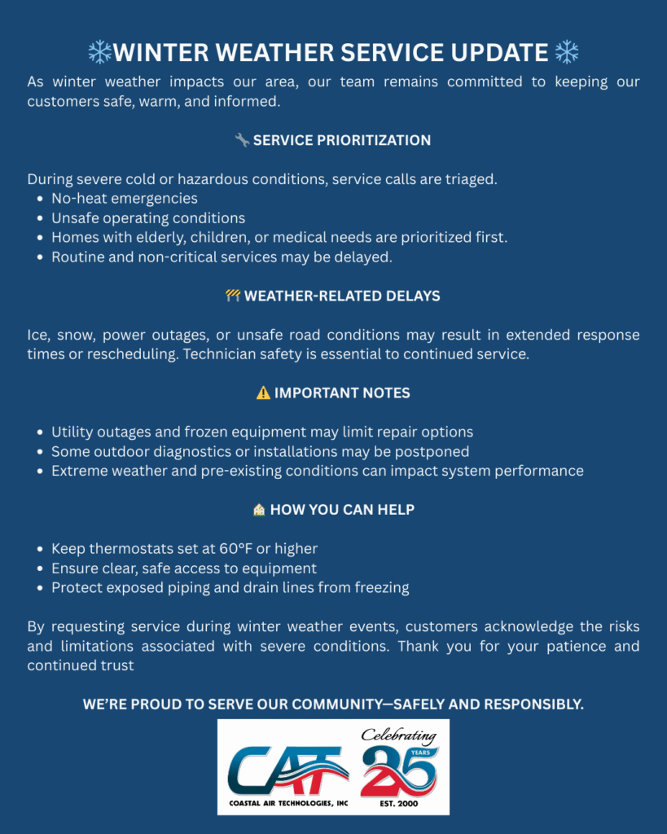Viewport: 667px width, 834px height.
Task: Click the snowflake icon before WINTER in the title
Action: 99,53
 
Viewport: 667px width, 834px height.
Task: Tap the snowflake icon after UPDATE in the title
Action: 566,53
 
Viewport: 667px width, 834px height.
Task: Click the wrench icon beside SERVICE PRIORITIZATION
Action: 242,140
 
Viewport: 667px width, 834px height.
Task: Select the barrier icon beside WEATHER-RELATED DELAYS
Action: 233,296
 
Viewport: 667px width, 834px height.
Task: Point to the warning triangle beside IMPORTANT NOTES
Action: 263,393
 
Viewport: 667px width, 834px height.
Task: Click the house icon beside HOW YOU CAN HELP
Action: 259,510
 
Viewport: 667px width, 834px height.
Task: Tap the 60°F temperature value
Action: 235,549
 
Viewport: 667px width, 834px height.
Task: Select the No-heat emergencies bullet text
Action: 125,199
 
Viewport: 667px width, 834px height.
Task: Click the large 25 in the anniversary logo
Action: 399,770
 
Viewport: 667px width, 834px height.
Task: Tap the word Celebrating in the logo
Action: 399,735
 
